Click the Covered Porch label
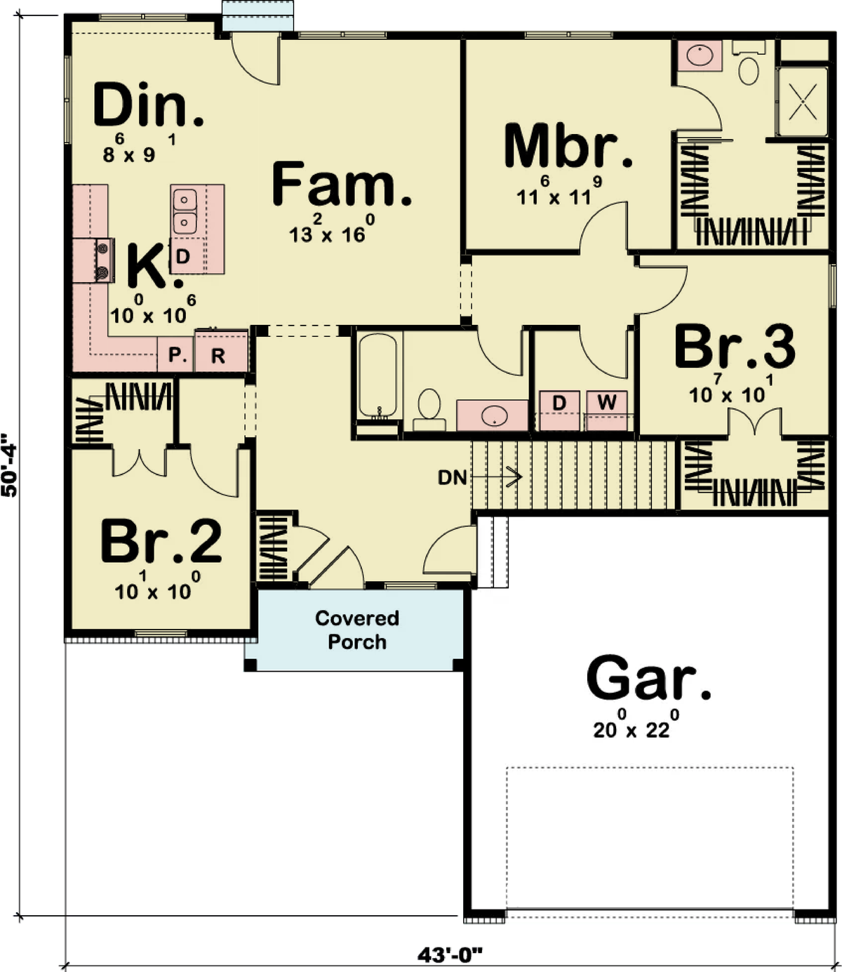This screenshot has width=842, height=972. pos(357,630)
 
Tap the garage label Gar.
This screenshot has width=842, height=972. pos(649,681)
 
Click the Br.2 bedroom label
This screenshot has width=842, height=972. pos(161,540)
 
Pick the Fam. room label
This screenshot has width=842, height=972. pos(342,184)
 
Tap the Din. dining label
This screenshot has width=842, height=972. pos(149,104)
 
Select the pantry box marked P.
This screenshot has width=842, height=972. pos(175,354)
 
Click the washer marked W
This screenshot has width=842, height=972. pos(606,411)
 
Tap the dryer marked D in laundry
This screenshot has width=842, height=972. pos(559,411)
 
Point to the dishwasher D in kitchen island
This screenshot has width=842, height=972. pos(183,256)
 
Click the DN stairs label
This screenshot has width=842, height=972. pos(453,478)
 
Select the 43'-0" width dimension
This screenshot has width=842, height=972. pos(450,954)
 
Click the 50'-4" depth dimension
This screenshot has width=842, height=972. pos(9,465)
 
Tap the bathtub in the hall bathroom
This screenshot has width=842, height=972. pos(377,375)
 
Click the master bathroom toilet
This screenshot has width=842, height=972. pos(749,63)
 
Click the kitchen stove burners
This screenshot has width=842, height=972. pos(102,260)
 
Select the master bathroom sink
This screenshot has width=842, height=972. pos(700,55)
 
